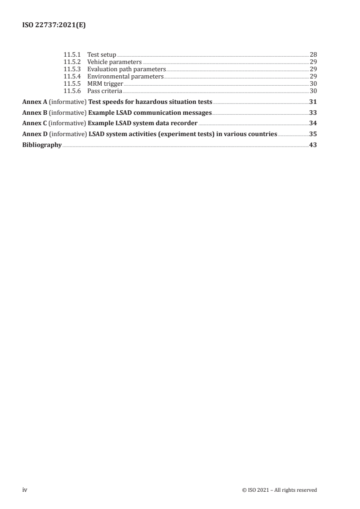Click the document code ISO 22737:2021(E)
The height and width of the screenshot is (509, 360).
[54, 25]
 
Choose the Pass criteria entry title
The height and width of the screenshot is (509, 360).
[104, 91]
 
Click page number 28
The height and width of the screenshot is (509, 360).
[313, 54]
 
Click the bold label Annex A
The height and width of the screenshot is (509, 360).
[35, 102]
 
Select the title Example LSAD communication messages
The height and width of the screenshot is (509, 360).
[150, 113]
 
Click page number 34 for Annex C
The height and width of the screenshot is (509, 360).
[313, 123]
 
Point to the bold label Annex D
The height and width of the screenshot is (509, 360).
[35, 134]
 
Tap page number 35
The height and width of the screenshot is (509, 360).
[313, 134]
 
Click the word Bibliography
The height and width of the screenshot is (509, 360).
[42, 145]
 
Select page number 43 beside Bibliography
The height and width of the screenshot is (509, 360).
[313, 145]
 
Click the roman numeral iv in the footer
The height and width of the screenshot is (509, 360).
[25, 489]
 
